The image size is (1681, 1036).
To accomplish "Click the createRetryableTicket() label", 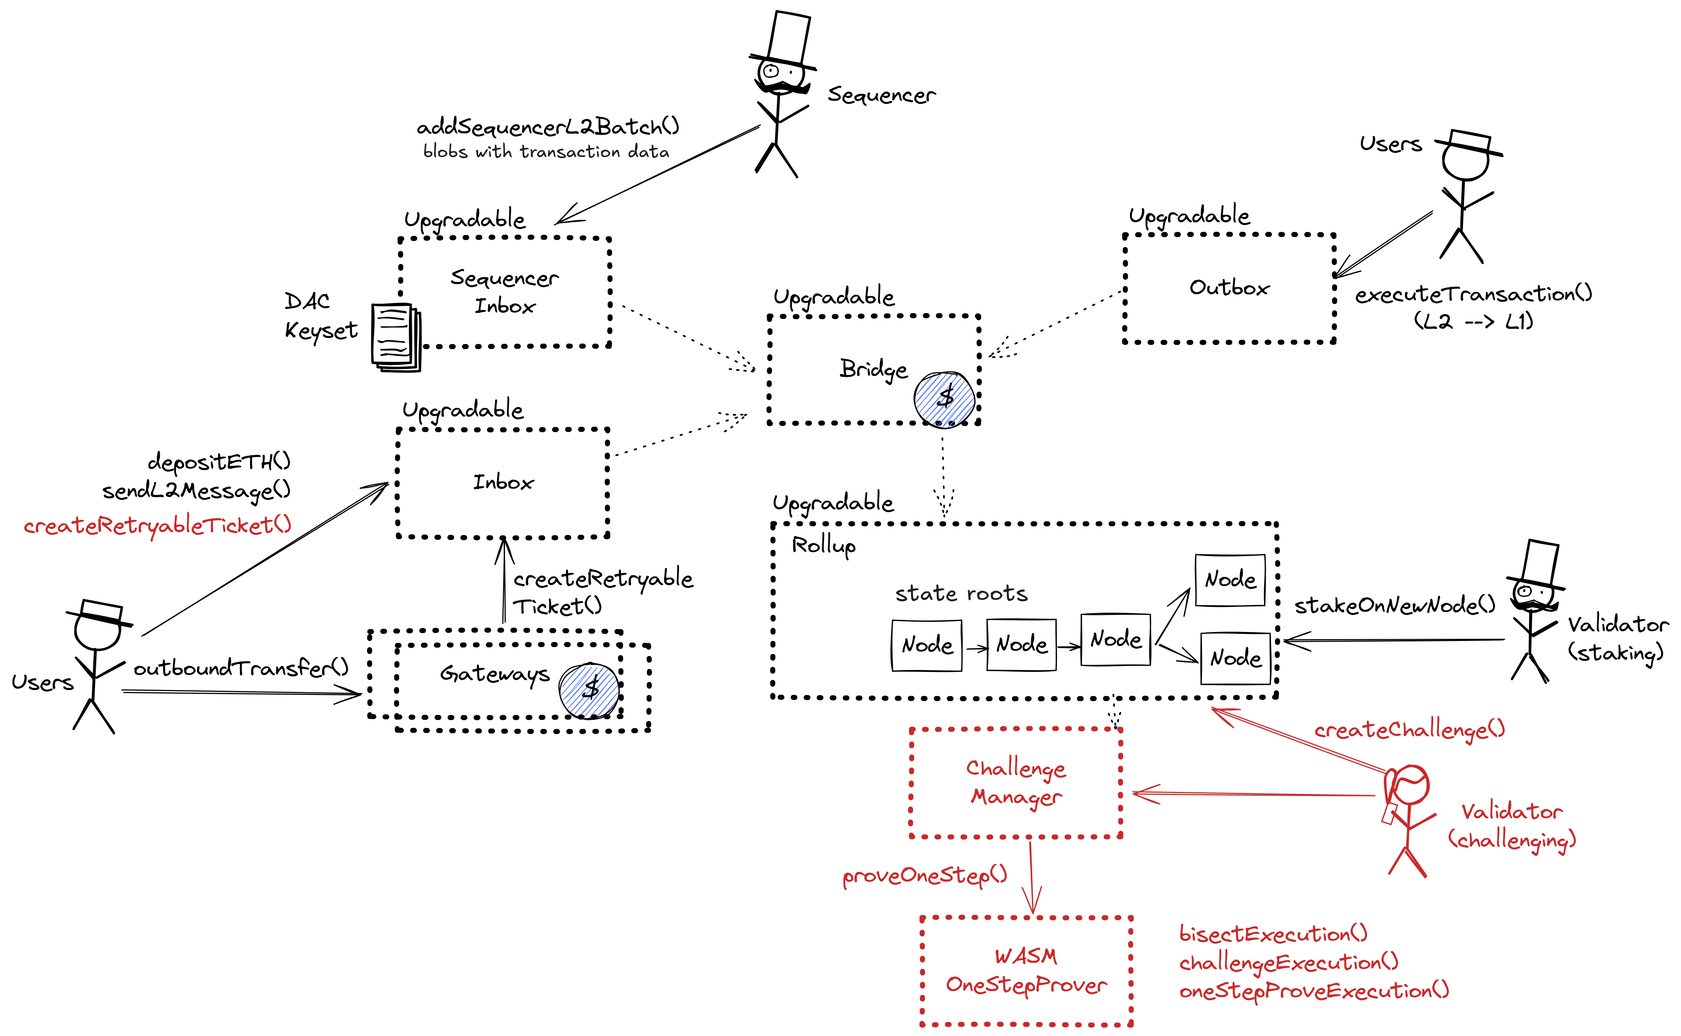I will click(x=158, y=526).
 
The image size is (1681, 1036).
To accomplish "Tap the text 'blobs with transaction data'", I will click(x=546, y=151).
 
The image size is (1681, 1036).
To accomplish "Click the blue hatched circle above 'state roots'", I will click(x=945, y=400).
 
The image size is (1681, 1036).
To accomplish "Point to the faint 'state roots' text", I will click(x=961, y=593).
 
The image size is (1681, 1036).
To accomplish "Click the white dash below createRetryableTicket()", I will click(x=101, y=610).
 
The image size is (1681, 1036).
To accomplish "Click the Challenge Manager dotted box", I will click(x=1016, y=782).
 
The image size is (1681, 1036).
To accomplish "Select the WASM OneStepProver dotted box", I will click(x=1025, y=971).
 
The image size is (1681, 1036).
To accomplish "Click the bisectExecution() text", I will click(x=1273, y=934).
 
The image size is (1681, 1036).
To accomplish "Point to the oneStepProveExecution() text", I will click(x=1313, y=991).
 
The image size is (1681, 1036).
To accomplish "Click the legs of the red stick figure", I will click(x=1407, y=862).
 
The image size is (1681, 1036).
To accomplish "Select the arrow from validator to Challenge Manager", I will click(x=1254, y=794).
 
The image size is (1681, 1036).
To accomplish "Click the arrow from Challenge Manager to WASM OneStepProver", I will click(x=1031, y=877).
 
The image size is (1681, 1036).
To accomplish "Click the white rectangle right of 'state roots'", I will click(x=1540, y=563).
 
